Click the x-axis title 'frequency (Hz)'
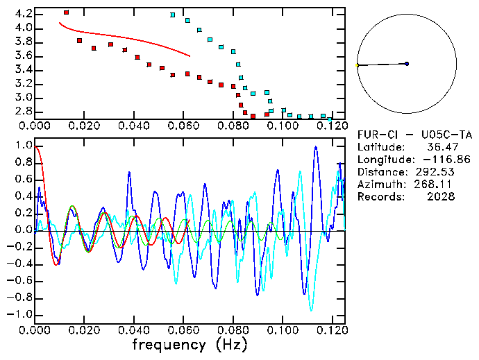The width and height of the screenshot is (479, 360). pyautogui.click(x=190, y=344)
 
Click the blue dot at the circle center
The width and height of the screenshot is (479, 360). pyautogui.click(x=407, y=64)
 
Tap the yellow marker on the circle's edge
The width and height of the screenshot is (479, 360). pyautogui.click(x=357, y=65)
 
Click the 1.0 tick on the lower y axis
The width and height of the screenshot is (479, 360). pyautogui.click(x=23, y=146)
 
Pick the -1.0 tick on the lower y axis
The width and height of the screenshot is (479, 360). pyautogui.click(x=21, y=314)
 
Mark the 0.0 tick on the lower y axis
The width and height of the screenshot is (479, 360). pyautogui.click(x=23, y=230)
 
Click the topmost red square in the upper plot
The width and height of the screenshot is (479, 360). pyautogui.click(x=66, y=12)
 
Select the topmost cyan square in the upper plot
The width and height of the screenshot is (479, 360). pyautogui.click(x=172, y=15)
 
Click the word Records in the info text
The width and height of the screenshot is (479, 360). pyautogui.click(x=380, y=197)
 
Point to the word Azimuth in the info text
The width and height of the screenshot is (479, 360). pyautogui.click(x=380, y=185)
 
